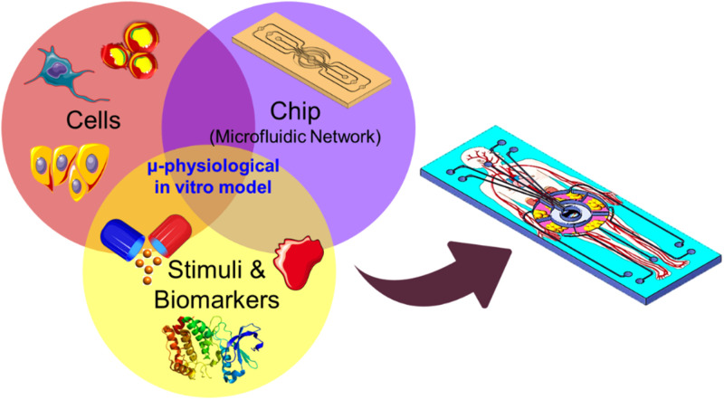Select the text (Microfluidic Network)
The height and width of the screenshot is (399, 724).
296,138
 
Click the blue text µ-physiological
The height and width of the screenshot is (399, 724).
214,167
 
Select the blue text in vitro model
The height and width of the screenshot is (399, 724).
214,187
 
